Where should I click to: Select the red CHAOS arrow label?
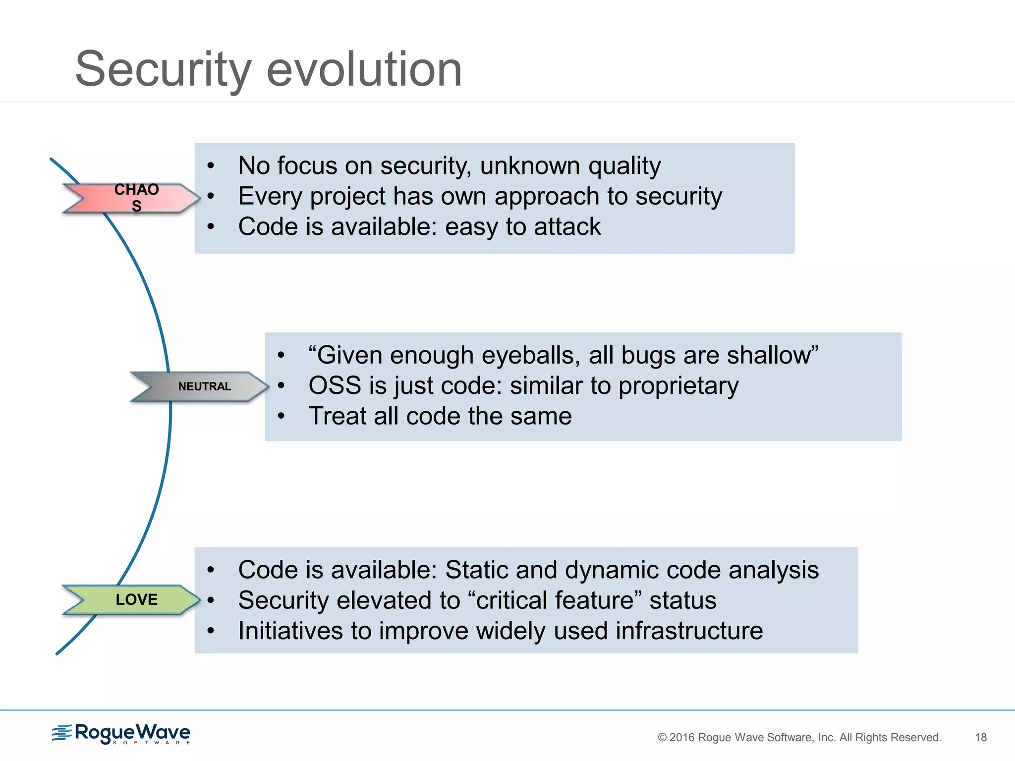point(132,198)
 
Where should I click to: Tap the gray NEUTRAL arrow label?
point(201,386)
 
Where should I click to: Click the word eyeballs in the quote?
point(527,356)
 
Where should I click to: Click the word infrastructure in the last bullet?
point(689,631)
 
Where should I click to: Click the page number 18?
point(981,738)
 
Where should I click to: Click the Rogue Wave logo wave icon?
point(62,732)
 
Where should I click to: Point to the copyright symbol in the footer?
point(662,738)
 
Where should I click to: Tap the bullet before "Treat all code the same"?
point(281,416)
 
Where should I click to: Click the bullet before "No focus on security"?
point(211,165)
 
